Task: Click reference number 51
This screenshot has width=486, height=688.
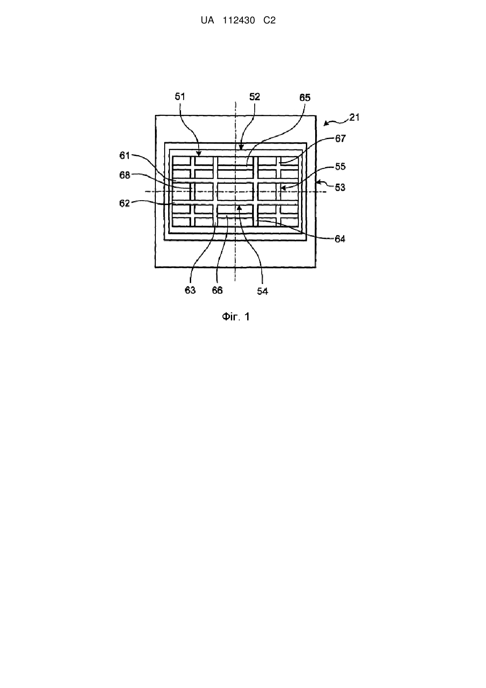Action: (x=180, y=97)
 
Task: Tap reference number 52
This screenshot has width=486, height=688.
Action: (x=255, y=97)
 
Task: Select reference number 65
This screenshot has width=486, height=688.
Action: (x=305, y=98)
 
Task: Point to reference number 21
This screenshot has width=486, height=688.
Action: (x=354, y=118)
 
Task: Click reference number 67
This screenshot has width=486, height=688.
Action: (x=340, y=138)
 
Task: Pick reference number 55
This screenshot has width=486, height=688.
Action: (x=340, y=167)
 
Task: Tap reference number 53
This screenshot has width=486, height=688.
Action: (x=340, y=187)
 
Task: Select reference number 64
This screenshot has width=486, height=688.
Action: (x=340, y=239)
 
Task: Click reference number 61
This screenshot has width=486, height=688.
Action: (x=124, y=156)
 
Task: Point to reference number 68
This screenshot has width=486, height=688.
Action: (x=124, y=175)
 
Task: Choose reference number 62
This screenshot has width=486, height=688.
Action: (x=124, y=203)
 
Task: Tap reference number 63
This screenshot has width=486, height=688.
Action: (x=190, y=290)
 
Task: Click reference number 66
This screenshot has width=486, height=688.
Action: (x=217, y=290)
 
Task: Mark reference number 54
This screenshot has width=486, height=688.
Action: (x=263, y=292)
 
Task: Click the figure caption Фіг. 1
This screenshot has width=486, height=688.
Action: (x=236, y=317)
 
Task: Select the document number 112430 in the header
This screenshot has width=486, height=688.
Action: (x=239, y=20)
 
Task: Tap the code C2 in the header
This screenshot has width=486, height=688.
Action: (x=270, y=20)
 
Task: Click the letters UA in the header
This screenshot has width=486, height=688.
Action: (x=207, y=20)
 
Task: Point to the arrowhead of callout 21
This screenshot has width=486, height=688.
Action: (x=325, y=125)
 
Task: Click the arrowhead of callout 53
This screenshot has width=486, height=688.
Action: (x=318, y=182)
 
